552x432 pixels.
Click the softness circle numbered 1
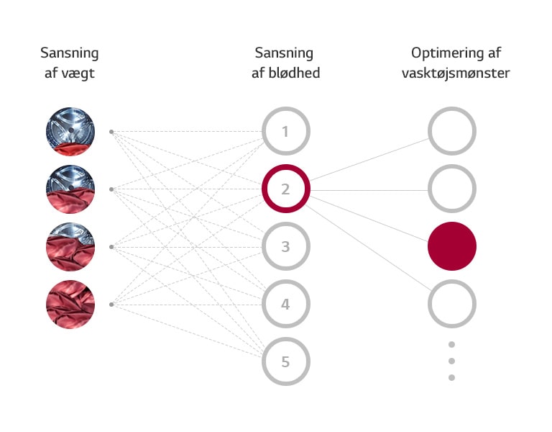click(285, 132)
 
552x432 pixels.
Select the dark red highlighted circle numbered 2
click(285, 189)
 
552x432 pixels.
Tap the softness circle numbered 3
click(285, 247)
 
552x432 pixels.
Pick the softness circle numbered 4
click(285, 305)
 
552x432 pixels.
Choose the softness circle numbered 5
click(285, 361)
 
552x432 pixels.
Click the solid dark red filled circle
click(452, 246)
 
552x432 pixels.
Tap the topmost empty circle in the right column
click(452, 132)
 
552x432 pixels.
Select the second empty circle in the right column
click(452, 189)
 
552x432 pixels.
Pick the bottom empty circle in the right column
click(452, 304)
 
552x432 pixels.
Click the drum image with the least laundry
click(70, 132)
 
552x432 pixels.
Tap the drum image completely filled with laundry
click(70, 305)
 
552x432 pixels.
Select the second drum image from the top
click(70, 189)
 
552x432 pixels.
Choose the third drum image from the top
click(70, 247)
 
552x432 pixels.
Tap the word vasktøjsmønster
click(456, 73)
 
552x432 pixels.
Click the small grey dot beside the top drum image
click(111, 132)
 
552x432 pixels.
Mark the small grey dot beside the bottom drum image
click(111, 305)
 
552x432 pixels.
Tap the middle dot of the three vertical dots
click(452, 361)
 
